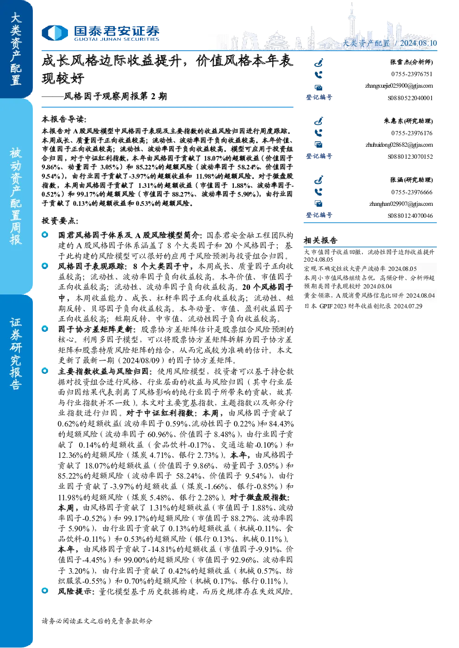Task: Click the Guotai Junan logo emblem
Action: point(55,33)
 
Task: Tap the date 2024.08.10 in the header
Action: point(418,43)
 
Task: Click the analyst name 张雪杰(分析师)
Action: point(411,62)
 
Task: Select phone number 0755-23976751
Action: point(412,74)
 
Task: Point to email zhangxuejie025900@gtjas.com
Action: point(399,86)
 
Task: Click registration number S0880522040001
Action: point(410,98)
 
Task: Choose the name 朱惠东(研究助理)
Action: point(408,121)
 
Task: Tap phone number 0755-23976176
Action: point(412,133)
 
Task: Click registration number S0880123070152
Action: point(410,157)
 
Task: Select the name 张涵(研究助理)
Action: point(411,180)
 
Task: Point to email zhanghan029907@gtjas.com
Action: point(401,204)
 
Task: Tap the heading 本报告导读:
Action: point(64,119)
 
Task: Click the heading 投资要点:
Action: point(60,221)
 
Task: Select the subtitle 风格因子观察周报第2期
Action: point(115,96)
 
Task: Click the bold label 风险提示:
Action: point(77,592)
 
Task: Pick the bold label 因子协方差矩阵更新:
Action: point(96,329)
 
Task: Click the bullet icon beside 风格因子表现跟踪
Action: point(45,266)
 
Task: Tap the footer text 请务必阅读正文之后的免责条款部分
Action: point(97,621)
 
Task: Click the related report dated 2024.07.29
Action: point(363,306)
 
